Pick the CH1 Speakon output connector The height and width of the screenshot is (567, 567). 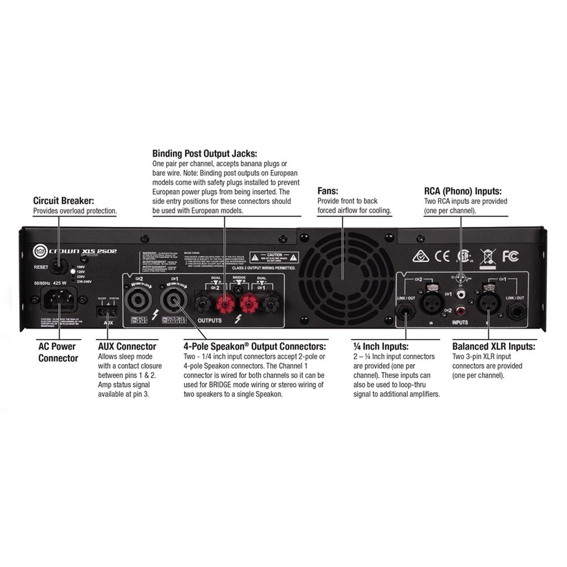tap(172, 299)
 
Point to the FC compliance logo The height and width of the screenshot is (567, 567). tap(510, 256)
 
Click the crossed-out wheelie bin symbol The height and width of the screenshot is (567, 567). tap(487, 256)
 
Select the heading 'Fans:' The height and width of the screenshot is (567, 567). tap(328, 192)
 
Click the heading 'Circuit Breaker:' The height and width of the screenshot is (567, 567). tap(64, 201)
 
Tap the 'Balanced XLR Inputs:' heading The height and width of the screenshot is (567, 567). tap(493, 346)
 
